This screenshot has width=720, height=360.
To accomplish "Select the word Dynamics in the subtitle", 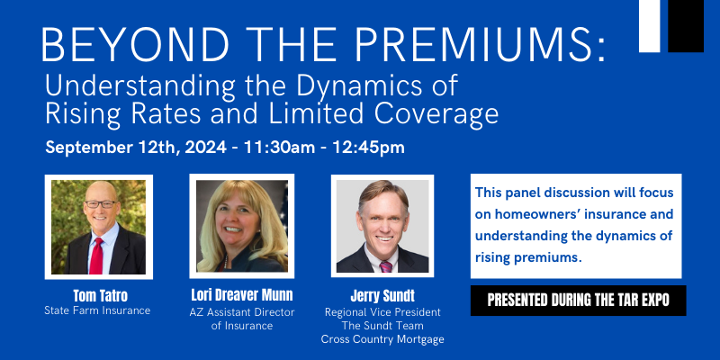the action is coord(357,85).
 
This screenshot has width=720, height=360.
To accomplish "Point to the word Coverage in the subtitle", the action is coord(436,113).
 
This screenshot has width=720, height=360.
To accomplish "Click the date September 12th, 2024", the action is coord(136,148).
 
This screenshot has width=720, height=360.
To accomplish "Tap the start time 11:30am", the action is coord(279,148).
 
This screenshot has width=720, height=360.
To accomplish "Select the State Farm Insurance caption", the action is coord(97,310).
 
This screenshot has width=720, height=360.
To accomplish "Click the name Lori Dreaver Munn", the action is coord(242,295).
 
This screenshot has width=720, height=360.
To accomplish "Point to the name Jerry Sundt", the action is coord(382,296).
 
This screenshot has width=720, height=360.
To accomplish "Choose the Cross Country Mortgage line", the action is coord(382,339).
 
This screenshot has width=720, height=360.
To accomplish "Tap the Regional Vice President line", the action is coord(382,312).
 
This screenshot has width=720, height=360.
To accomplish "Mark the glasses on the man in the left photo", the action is coord(101,204).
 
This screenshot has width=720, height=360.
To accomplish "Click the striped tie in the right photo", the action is coord(386,266).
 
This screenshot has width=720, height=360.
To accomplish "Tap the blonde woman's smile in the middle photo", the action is coord(233,229).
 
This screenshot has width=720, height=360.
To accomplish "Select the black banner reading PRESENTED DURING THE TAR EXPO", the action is coord(578,301).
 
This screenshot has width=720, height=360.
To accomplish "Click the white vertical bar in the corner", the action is coord(649,26).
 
